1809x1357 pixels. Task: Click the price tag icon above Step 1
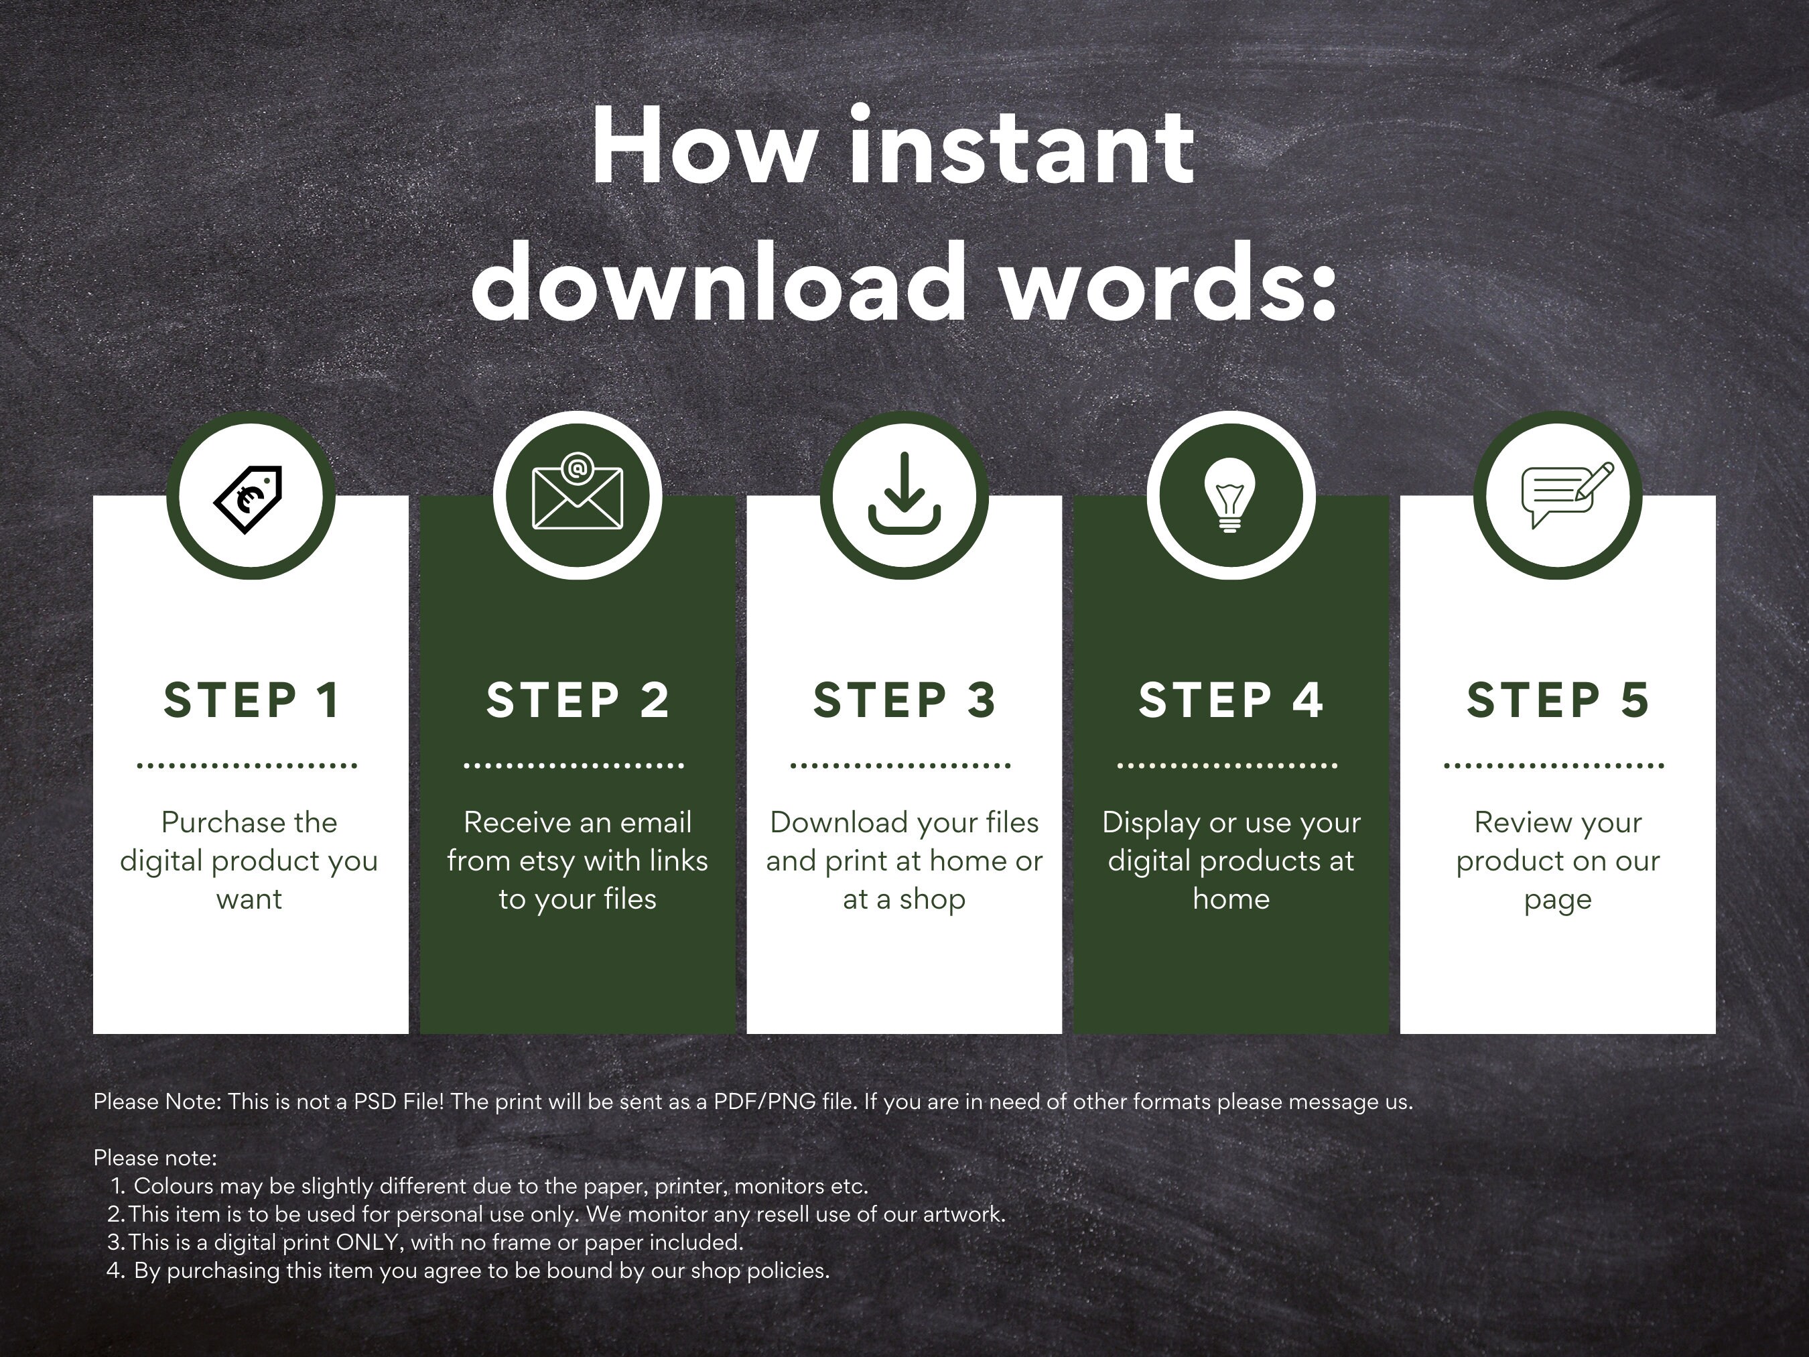249,499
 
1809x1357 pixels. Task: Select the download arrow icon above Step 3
904,494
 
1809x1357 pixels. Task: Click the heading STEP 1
251,700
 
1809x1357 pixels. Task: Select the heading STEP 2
578,700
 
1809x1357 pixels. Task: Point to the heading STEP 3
904,700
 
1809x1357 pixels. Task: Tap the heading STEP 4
1231,700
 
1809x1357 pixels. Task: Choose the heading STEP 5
1558,700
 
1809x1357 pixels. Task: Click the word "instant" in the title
1022,147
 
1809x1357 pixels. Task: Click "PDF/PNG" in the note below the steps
764,1102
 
